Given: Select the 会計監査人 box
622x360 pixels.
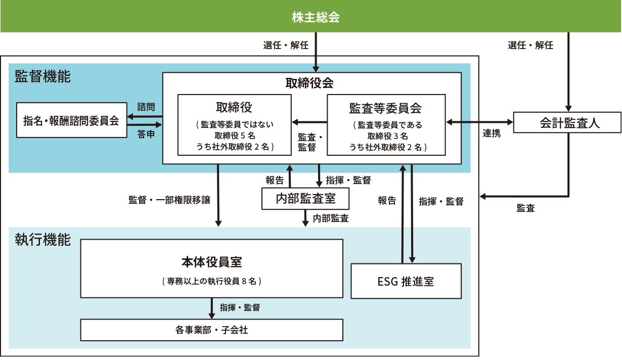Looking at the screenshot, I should [x=566, y=122].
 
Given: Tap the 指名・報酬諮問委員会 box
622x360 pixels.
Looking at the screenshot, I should [x=71, y=120].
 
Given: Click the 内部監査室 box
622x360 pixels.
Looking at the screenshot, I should [x=305, y=198].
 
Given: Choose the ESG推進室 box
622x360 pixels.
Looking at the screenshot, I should [x=406, y=281].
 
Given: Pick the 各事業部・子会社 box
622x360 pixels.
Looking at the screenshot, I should [x=211, y=330].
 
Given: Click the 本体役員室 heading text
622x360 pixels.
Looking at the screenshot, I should [x=211, y=262].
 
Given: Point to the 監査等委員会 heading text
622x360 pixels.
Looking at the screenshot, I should [x=385, y=108].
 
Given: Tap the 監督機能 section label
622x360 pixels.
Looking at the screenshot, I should [x=42, y=77].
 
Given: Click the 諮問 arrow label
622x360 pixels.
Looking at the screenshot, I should [x=146, y=107].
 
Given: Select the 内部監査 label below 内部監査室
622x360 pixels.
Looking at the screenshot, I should [x=330, y=218].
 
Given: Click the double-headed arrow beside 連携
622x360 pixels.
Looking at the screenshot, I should [x=479, y=122].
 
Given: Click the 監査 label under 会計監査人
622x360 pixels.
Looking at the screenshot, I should [x=526, y=208].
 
